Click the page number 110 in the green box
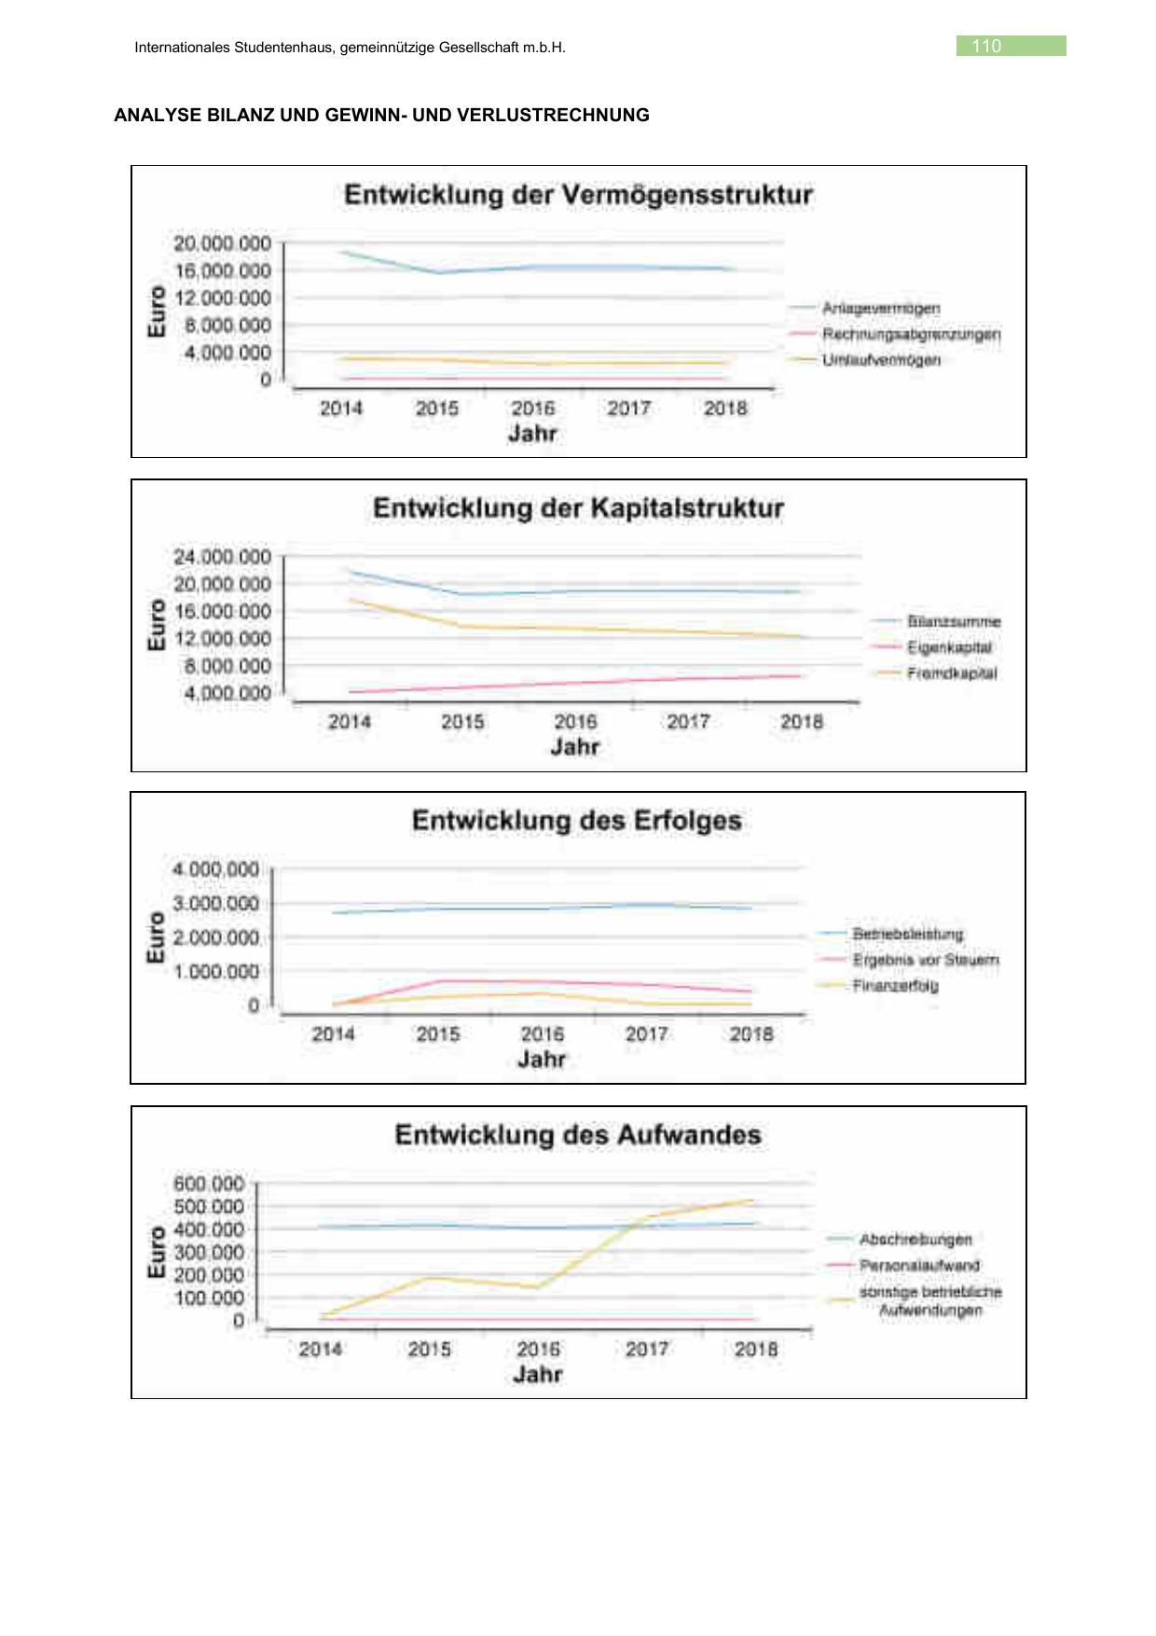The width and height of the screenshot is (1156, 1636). (986, 46)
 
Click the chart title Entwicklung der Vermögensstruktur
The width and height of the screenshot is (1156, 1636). (578, 195)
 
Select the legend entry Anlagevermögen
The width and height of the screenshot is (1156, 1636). (880, 308)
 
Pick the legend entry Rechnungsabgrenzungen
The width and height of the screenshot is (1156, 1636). (911, 334)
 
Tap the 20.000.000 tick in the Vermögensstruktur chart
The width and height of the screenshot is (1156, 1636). (222, 243)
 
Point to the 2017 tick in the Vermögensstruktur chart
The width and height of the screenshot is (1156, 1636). (629, 409)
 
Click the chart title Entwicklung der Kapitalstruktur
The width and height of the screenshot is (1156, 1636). (578, 508)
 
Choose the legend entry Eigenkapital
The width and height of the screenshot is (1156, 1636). (949, 647)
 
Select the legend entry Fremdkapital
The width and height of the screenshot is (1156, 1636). (951, 673)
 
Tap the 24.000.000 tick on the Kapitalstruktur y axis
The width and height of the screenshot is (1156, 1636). (222, 557)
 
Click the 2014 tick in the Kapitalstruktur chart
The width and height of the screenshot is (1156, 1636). (350, 722)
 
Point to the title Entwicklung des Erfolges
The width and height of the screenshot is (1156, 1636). (577, 821)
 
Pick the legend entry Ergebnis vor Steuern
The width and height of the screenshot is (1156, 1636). (925, 960)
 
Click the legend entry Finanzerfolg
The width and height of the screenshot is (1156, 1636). (895, 986)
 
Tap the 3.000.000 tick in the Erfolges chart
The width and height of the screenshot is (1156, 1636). (215, 904)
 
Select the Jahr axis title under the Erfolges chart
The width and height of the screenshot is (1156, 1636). (542, 1060)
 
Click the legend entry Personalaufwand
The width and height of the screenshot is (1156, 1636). (919, 1266)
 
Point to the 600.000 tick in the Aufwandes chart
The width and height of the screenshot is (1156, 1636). (209, 1184)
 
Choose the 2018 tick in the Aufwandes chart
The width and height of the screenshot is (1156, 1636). (756, 1350)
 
